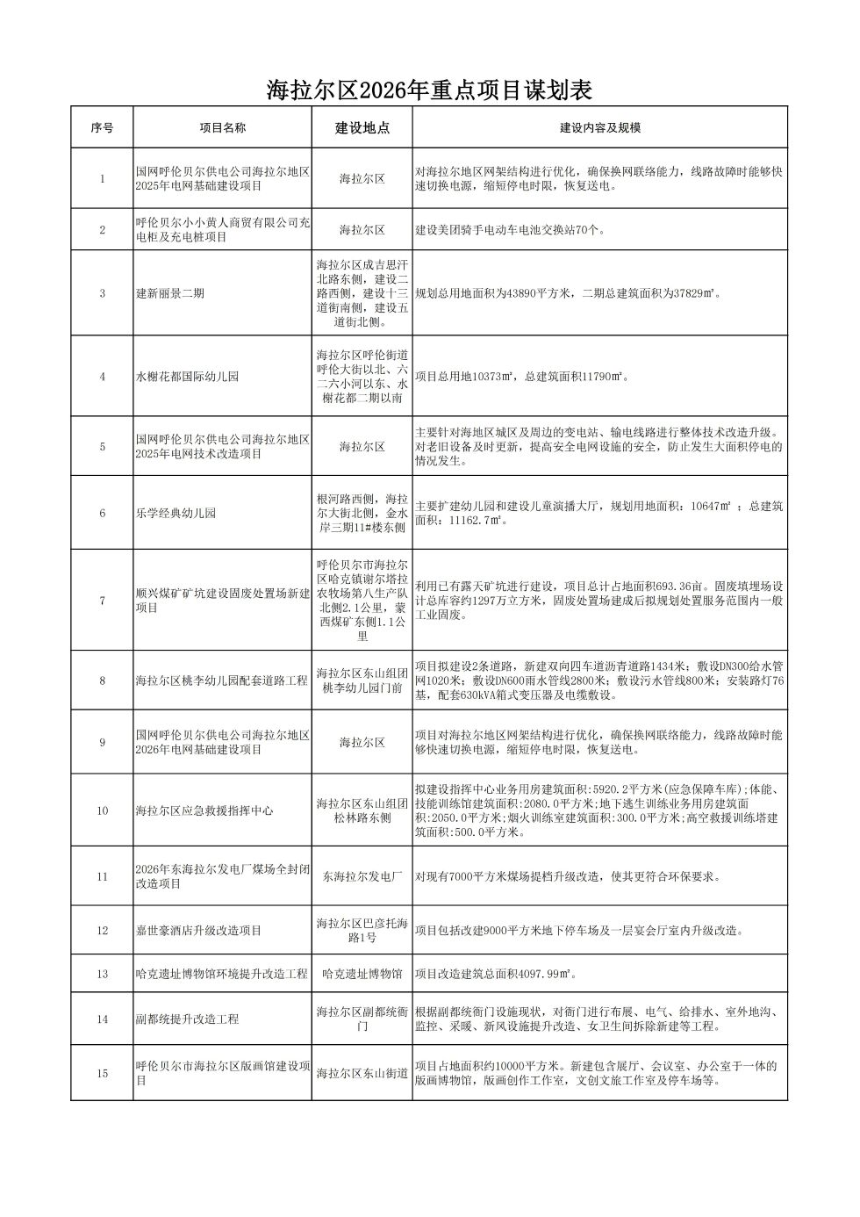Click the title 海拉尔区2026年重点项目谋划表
point(429,90)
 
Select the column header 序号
point(102,127)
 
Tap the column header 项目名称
point(222,127)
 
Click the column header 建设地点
point(362,127)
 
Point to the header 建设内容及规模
point(599,127)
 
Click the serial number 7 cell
point(102,601)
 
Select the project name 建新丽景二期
point(170,293)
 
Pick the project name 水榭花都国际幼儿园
point(187,377)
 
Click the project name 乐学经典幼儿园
point(176,513)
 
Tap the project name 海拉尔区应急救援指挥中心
point(204,810)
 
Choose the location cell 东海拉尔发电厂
point(362,876)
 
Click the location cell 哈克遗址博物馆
point(362,974)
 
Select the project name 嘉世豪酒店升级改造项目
point(198,931)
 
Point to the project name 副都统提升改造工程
point(187,1019)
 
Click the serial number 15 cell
point(102,1073)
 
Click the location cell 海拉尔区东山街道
point(362,1073)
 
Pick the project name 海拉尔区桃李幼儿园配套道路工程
point(222,681)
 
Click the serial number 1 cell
point(102,179)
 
